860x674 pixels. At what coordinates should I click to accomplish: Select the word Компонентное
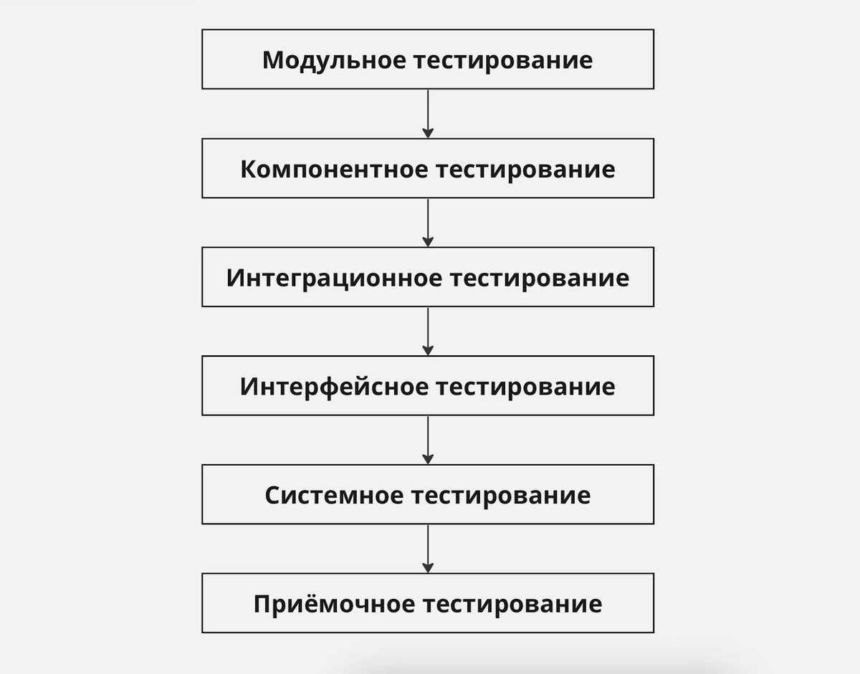(333, 170)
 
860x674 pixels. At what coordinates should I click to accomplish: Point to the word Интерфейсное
(333, 387)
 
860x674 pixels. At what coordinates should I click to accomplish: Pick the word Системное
(333, 496)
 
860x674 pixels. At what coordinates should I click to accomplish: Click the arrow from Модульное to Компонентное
(428, 112)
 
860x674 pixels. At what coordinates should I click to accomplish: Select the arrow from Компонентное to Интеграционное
(428, 222)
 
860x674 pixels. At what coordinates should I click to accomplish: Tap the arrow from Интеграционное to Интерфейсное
(428, 331)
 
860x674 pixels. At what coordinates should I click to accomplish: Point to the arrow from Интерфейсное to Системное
(428, 440)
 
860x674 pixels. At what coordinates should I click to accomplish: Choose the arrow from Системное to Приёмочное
(428, 549)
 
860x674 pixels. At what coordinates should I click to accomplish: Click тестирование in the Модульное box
(504, 60)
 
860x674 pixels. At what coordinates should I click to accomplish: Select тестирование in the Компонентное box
(525, 170)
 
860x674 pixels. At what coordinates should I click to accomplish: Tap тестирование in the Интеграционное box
(540, 279)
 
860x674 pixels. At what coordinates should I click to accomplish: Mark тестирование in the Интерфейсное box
(525, 387)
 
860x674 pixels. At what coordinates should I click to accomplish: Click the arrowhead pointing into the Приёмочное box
(428, 568)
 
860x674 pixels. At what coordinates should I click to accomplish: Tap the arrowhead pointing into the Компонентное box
(428, 133)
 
